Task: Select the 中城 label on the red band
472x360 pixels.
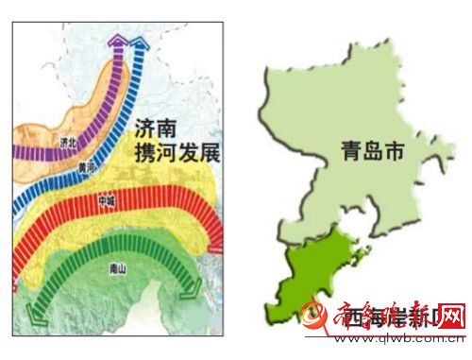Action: (x=107, y=201)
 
